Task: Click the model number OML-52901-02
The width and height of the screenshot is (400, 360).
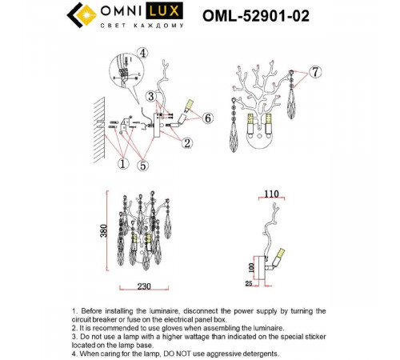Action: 256,16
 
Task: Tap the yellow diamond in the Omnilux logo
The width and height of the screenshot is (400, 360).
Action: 86,15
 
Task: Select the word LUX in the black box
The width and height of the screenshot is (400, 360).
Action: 164,11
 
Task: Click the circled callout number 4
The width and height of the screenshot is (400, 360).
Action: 143,53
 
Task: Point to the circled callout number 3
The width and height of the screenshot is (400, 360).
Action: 151,96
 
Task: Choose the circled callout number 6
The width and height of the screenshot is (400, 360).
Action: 208,118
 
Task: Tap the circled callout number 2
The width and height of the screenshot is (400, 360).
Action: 187,143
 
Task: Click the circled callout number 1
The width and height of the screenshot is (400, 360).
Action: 122,163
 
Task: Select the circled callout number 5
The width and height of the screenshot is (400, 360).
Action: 143,166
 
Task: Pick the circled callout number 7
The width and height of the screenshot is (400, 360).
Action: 315,72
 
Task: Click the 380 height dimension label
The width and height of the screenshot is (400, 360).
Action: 104,230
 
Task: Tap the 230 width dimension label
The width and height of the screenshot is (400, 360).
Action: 144,286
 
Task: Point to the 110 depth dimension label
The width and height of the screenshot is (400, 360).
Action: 271,194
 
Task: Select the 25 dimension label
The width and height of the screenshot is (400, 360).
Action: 249,283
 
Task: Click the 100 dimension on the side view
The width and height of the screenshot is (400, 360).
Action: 251,267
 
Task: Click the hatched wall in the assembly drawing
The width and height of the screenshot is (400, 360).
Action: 100,130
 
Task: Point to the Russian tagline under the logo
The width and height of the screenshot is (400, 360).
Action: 142,26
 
